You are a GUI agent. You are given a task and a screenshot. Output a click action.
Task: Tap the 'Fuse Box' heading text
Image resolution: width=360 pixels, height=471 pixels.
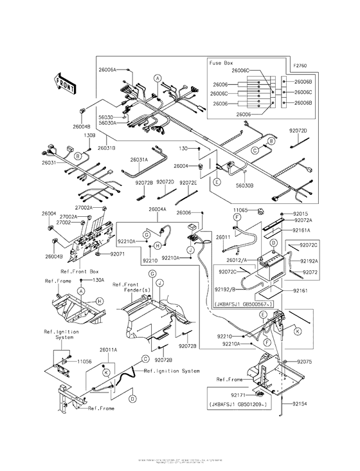[221, 63]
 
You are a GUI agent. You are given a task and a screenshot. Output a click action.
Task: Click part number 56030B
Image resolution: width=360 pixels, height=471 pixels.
[245, 184]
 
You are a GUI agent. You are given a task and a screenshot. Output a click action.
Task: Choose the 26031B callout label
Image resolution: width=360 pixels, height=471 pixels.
[107, 148]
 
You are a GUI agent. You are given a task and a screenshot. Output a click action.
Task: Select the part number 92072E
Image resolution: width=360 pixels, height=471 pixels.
[188, 183]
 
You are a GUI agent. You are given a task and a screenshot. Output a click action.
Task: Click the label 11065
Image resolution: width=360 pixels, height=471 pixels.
[240, 210]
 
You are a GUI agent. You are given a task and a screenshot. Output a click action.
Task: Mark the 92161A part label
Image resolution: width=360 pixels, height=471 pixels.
[301, 230]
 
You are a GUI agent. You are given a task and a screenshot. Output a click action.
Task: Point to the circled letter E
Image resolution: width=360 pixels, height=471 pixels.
[217, 182]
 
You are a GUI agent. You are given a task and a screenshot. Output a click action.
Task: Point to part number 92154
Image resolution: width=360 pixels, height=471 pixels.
[301, 404]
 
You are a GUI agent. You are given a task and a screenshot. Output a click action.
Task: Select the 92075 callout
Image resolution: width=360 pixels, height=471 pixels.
[305, 362]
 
